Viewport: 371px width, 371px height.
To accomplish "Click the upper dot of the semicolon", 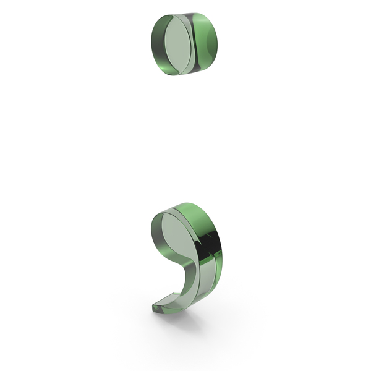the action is pyautogui.click(x=184, y=44).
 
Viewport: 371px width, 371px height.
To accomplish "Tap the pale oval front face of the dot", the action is pyautogui.click(x=177, y=45).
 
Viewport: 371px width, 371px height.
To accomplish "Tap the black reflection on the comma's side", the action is pyautogui.click(x=211, y=244).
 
